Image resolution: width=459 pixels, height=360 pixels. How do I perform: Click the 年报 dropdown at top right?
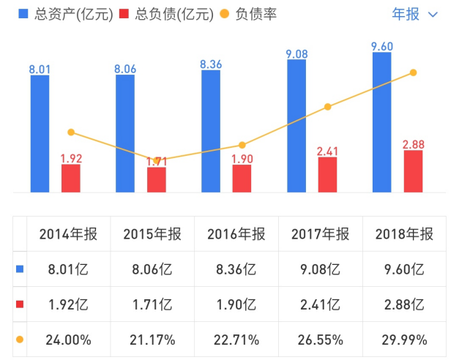415,14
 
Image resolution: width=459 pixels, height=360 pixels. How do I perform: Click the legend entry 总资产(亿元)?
66,14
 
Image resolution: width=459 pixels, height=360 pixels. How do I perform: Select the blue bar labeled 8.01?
40,133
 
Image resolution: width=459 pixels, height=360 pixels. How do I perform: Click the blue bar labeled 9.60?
382,122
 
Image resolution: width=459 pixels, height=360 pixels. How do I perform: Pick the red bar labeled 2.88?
413,171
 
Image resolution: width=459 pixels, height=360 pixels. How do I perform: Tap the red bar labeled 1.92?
71,178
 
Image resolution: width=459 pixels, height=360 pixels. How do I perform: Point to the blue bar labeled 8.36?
211,131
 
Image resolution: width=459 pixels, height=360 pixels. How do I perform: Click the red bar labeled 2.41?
327,174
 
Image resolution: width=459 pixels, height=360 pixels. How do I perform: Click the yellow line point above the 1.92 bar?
71,132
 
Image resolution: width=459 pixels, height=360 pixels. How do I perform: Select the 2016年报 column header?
236,234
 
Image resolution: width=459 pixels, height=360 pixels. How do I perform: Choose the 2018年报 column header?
403,234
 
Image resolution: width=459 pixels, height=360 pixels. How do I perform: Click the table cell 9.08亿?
320,269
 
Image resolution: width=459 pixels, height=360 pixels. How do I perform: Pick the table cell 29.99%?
403,340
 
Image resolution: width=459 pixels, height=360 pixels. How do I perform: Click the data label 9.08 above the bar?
296,53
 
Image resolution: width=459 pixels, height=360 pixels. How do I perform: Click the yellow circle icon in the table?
20,340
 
